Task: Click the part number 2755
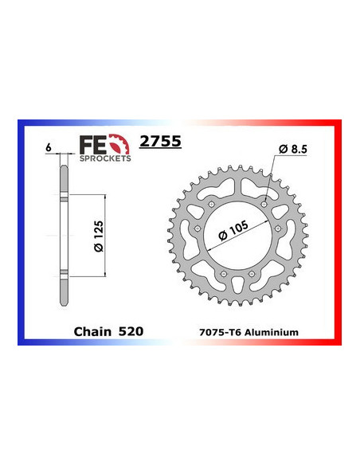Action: point(160,143)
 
